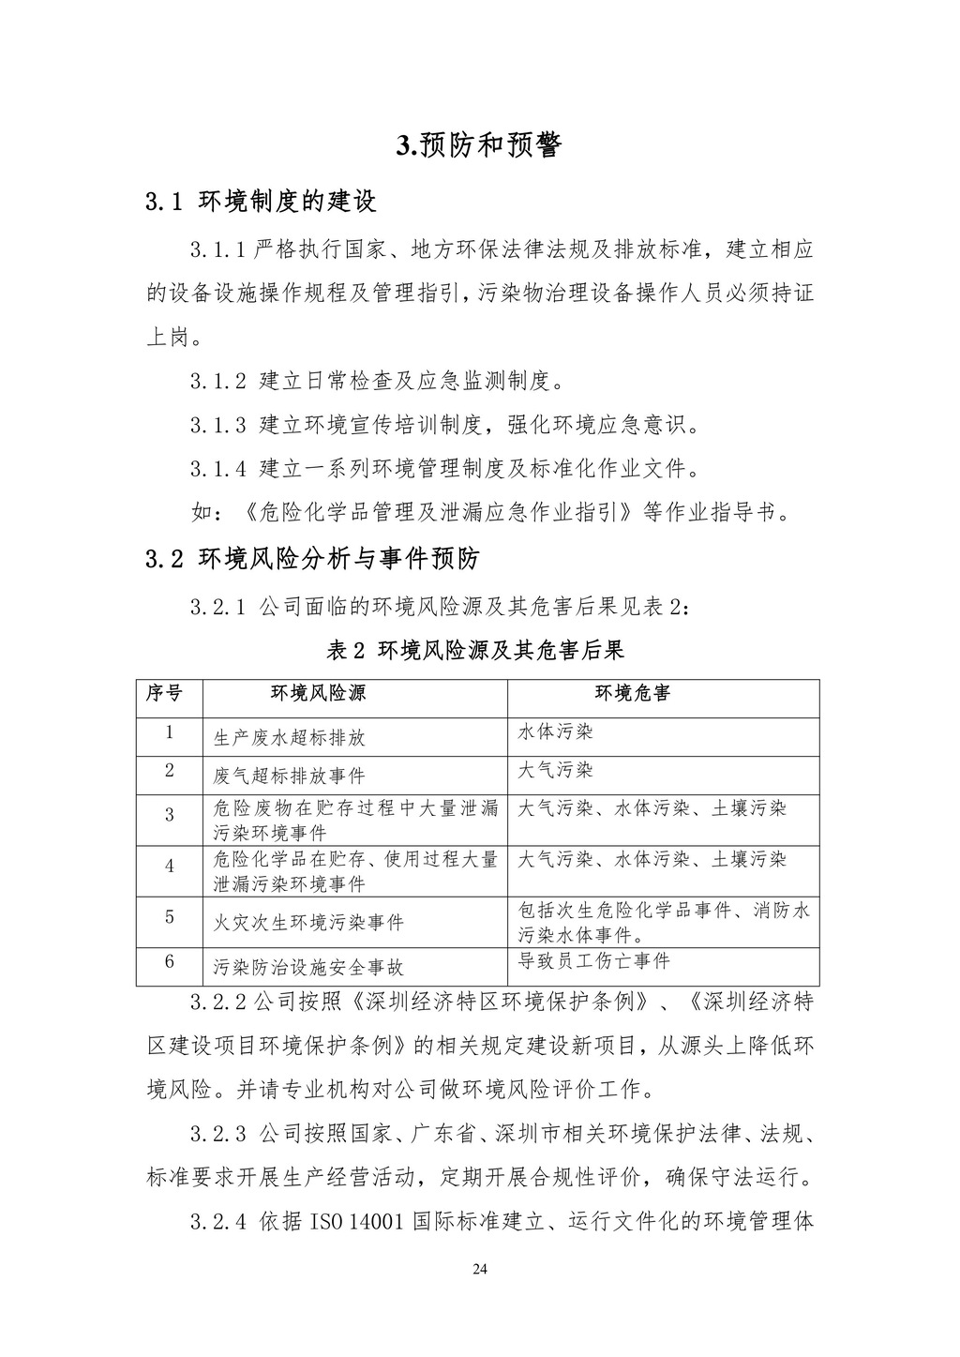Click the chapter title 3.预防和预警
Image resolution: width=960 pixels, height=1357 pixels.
click(479, 145)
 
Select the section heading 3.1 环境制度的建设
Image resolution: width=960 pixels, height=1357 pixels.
click(262, 201)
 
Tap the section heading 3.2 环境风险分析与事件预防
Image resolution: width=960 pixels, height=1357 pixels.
click(312, 560)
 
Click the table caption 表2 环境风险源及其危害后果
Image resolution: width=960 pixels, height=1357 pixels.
click(478, 650)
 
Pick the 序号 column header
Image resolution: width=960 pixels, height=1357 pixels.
click(164, 694)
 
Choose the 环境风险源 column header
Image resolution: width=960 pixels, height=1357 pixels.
click(319, 694)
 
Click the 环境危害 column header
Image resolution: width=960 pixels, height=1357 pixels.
click(633, 694)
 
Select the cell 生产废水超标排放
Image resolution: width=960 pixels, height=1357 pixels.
click(289, 737)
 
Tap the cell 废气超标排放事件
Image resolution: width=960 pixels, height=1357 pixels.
click(289, 776)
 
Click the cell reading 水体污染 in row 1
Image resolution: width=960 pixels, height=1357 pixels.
click(556, 731)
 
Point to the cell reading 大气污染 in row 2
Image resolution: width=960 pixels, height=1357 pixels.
click(556, 771)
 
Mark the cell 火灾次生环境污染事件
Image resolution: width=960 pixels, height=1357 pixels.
click(308, 923)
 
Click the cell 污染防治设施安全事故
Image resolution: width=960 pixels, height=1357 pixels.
click(308, 967)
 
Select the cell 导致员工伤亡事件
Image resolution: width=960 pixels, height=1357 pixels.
click(594, 961)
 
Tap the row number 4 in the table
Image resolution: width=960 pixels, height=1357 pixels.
click(170, 867)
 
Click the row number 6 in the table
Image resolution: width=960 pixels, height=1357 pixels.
click(170, 961)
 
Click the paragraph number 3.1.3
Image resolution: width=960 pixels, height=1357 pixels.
click(217, 425)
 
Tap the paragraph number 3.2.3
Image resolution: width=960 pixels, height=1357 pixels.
click(217, 1134)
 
